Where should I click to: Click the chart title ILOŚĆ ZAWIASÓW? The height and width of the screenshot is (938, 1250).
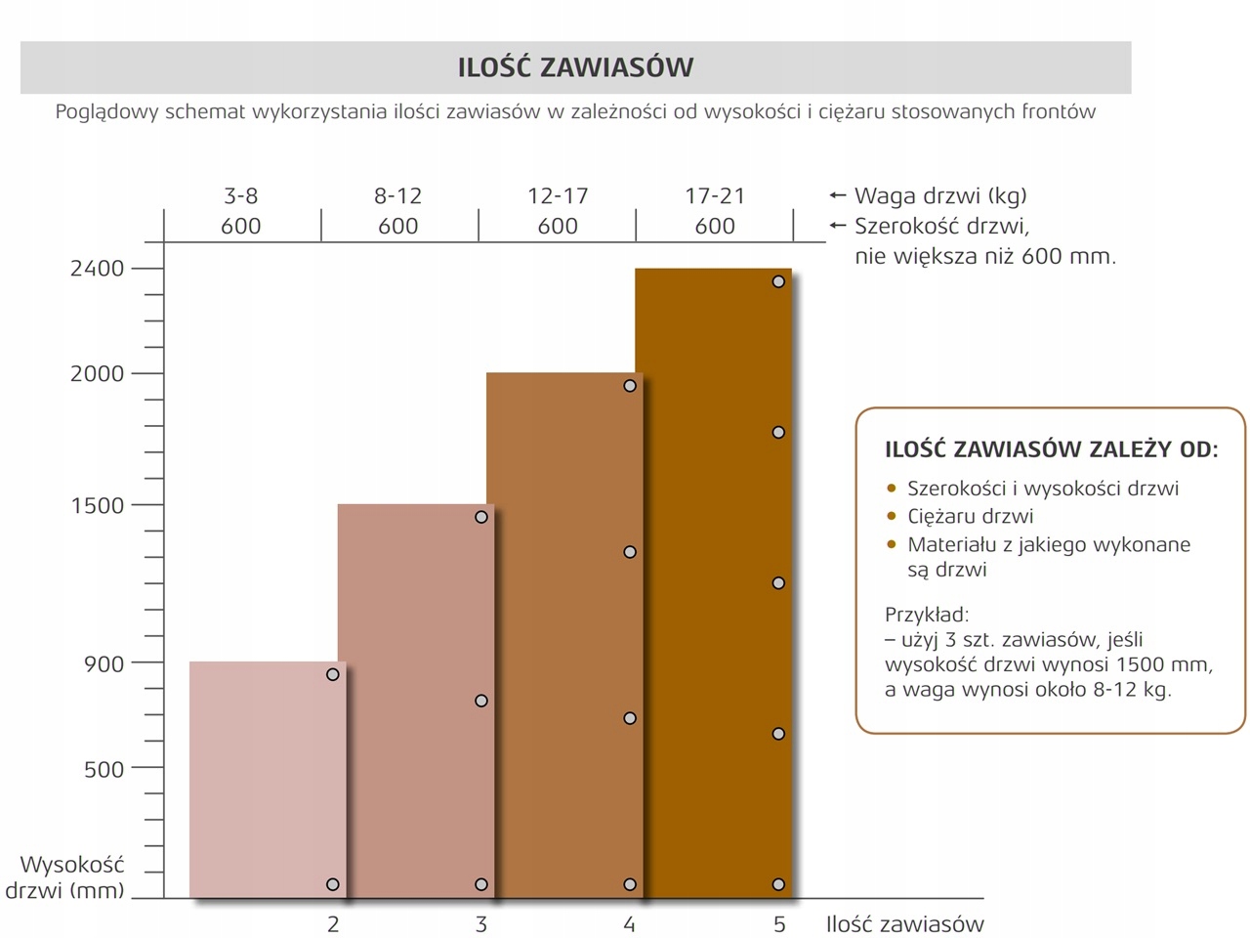(x=575, y=67)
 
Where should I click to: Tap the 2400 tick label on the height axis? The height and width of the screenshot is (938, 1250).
(x=98, y=269)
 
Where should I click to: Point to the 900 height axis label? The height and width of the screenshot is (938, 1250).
(x=104, y=664)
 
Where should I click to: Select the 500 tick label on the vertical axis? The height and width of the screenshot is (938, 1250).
(x=104, y=770)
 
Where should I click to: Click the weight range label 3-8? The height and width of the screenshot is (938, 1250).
(x=241, y=195)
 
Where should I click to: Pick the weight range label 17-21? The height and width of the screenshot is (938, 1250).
(x=715, y=195)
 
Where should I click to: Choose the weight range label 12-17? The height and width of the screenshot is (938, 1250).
(x=558, y=195)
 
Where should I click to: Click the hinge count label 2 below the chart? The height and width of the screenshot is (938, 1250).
(x=333, y=924)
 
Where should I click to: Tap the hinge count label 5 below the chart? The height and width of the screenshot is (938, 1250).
(x=779, y=924)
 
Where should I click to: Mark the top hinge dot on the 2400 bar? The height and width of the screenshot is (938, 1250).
(x=778, y=281)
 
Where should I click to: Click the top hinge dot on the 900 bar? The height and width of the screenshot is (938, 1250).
(x=333, y=674)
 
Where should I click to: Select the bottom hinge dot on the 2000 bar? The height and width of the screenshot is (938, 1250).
(x=630, y=884)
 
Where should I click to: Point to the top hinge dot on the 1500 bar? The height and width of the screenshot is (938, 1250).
(x=481, y=517)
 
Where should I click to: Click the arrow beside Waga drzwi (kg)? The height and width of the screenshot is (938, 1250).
(x=837, y=195)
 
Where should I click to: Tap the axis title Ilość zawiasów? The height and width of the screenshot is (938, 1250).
(x=904, y=924)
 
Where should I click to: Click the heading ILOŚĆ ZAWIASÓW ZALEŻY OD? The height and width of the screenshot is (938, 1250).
(x=1051, y=450)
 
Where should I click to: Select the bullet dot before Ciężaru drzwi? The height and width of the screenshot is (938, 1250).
(x=891, y=516)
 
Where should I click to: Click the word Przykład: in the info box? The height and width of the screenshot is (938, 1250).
(x=927, y=615)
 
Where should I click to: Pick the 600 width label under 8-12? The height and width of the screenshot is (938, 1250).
(x=398, y=227)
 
